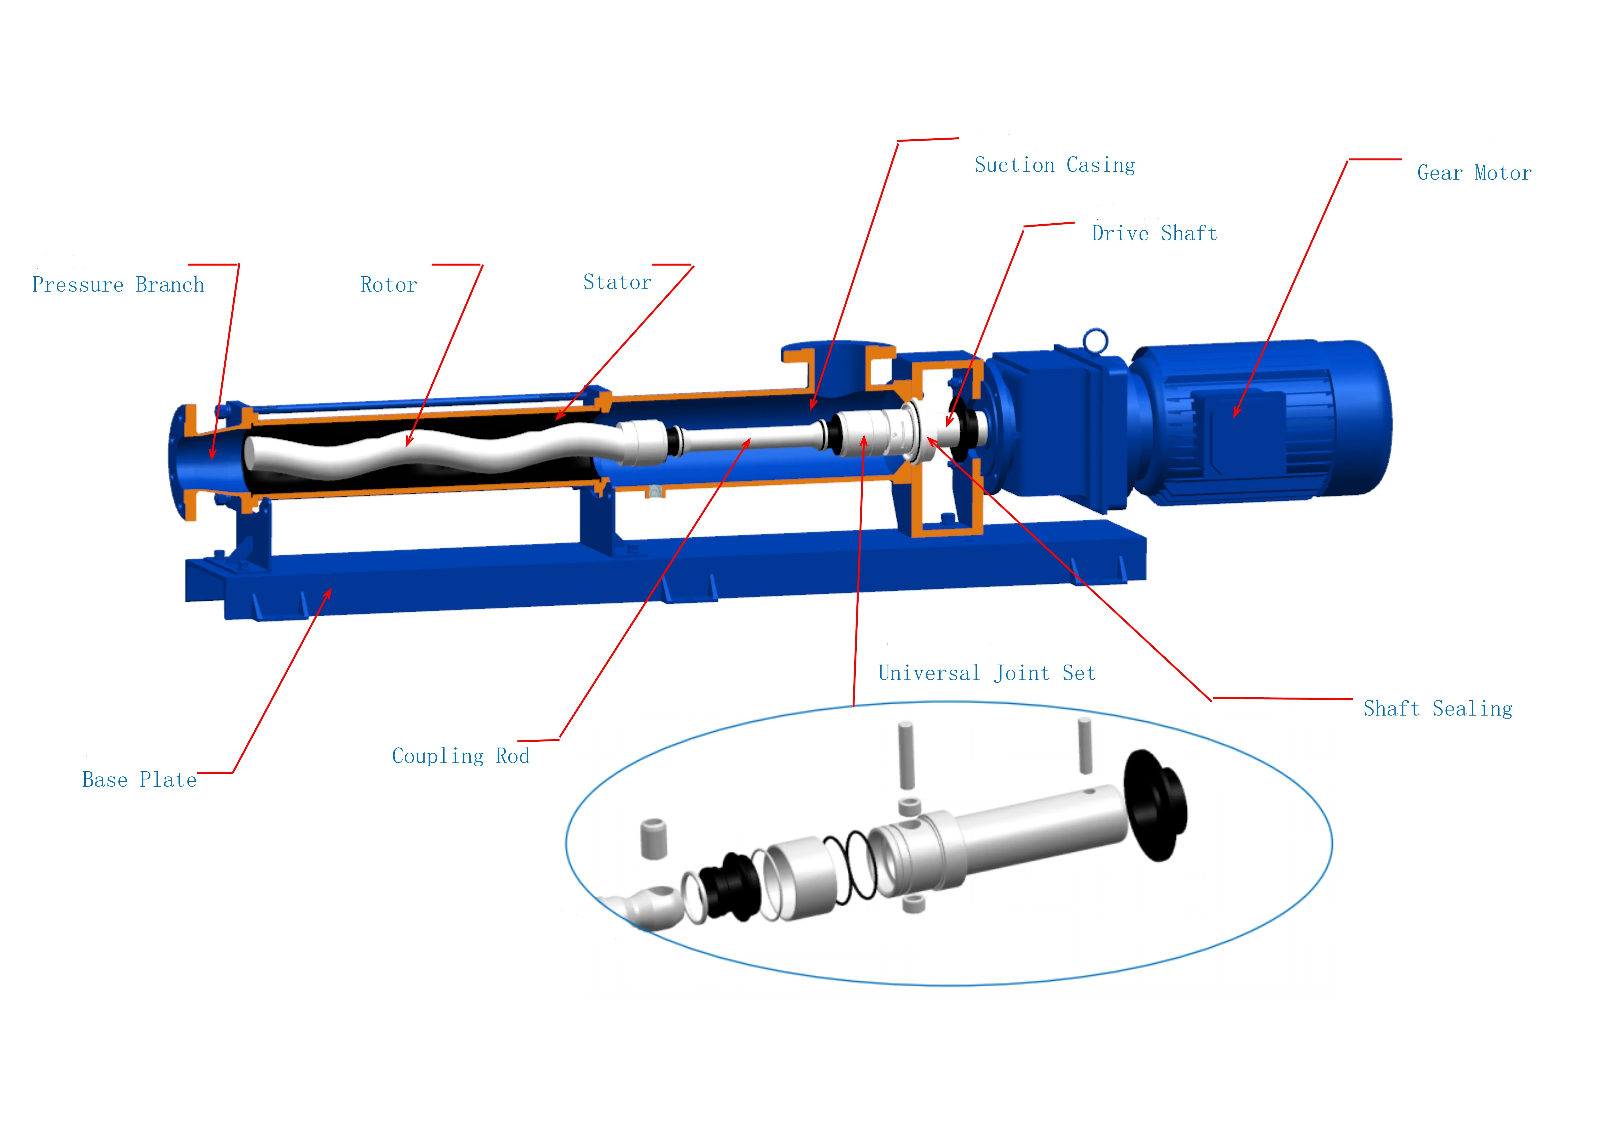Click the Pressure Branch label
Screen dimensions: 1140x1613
click(x=118, y=285)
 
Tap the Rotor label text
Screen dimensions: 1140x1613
click(x=388, y=285)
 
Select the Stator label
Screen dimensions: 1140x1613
click(x=617, y=282)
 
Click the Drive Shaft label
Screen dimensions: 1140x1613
click(x=1154, y=233)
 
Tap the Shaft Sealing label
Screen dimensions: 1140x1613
click(x=1437, y=709)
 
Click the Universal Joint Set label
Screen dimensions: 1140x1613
click(x=986, y=674)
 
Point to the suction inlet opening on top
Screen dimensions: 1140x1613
click(x=838, y=349)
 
